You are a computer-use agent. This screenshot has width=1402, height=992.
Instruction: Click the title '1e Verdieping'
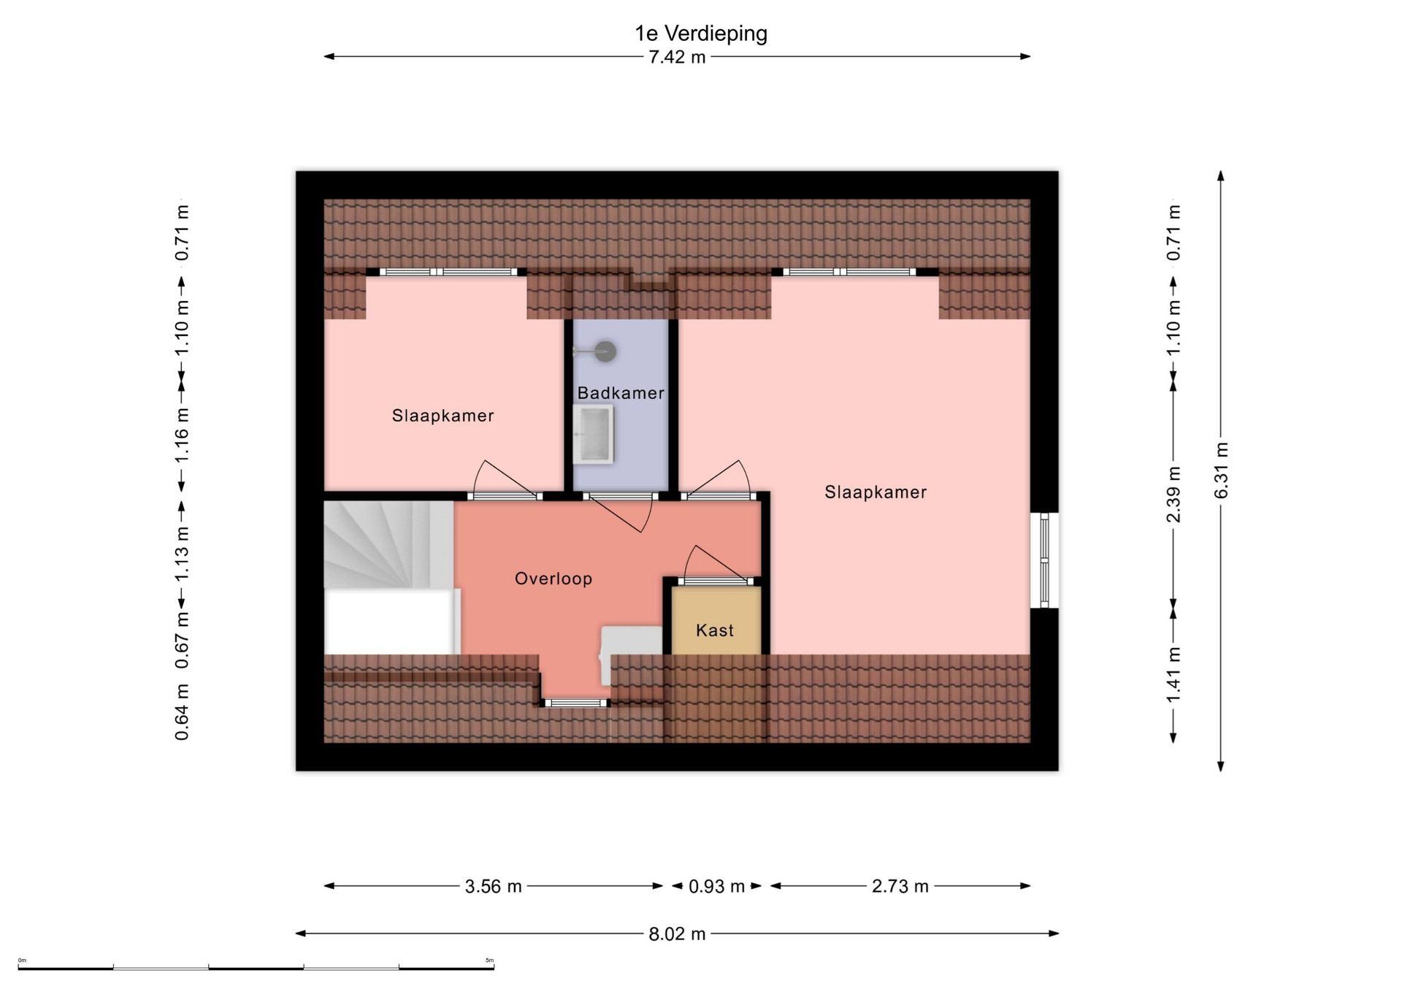click(x=701, y=34)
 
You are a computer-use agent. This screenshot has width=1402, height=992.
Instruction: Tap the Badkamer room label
click(x=621, y=393)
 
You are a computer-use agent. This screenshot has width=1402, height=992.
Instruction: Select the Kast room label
click(x=715, y=630)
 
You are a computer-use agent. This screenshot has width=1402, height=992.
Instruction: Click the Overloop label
click(x=553, y=579)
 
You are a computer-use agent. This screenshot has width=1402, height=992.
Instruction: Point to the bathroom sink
click(x=593, y=435)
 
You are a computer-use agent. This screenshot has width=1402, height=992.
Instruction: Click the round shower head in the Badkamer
click(x=605, y=351)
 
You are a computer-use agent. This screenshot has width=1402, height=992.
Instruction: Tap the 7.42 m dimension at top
click(x=678, y=57)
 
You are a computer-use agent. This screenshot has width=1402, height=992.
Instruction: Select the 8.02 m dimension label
click(x=678, y=934)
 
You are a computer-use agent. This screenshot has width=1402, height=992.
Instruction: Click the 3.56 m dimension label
click(x=494, y=886)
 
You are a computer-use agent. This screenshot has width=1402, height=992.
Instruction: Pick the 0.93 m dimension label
click(x=717, y=886)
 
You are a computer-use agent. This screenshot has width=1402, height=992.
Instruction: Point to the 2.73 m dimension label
click(x=900, y=886)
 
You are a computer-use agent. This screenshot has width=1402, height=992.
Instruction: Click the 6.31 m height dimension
click(x=1221, y=470)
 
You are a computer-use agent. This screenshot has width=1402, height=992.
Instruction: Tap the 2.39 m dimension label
click(x=1173, y=495)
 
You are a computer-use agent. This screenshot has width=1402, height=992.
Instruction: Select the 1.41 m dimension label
click(x=1173, y=676)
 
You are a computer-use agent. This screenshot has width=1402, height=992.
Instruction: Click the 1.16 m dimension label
click(x=182, y=435)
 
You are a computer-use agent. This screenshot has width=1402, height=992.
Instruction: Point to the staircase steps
click(x=389, y=544)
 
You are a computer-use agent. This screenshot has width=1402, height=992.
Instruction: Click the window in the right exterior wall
click(x=1045, y=560)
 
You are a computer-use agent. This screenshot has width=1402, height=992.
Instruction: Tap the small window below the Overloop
click(x=576, y=703)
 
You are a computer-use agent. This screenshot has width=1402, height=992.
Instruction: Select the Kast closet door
click(x=716, y=581)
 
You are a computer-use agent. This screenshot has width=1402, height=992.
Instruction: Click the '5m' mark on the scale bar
click(x=489, y=961)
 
